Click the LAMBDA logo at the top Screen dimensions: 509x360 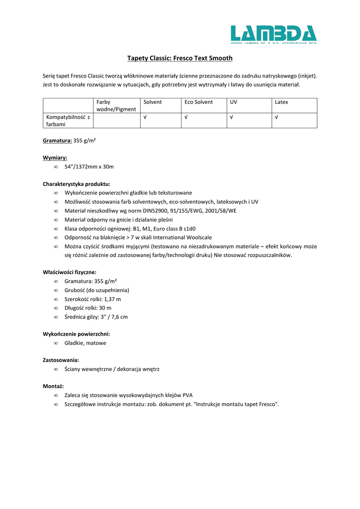click(x=273, y=34)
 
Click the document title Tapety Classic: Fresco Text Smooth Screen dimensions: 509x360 click(x=180, y=58)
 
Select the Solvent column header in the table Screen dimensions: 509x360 click(x=153, y=102)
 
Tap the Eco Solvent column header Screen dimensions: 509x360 click(x=198, y=102)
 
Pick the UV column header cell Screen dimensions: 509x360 click(x=233, y=102)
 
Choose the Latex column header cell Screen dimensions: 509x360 click(x=281, y=102)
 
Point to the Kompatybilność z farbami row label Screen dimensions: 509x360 click(x=68, y=121)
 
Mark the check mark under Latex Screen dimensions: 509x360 click(x=276, y=117)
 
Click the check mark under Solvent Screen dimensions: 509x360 click(x=145, y=117)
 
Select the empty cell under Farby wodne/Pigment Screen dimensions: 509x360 click(x=117, y=121)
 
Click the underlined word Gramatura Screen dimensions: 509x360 click(x=57, y=141)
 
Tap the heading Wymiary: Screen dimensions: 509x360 click(x=55, y=158)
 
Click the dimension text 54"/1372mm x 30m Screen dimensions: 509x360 click(x=89, y=167)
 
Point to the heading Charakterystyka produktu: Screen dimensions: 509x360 click(x=77, y=183)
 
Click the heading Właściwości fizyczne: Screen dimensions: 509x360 click(x=70, y=272)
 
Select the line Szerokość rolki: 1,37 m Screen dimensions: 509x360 click(x=92, y=299)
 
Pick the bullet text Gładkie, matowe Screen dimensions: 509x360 click(x=85, y=343)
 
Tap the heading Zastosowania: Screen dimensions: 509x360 click(x=61, y=359)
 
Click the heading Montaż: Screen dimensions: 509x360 click(x=53, y=386)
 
